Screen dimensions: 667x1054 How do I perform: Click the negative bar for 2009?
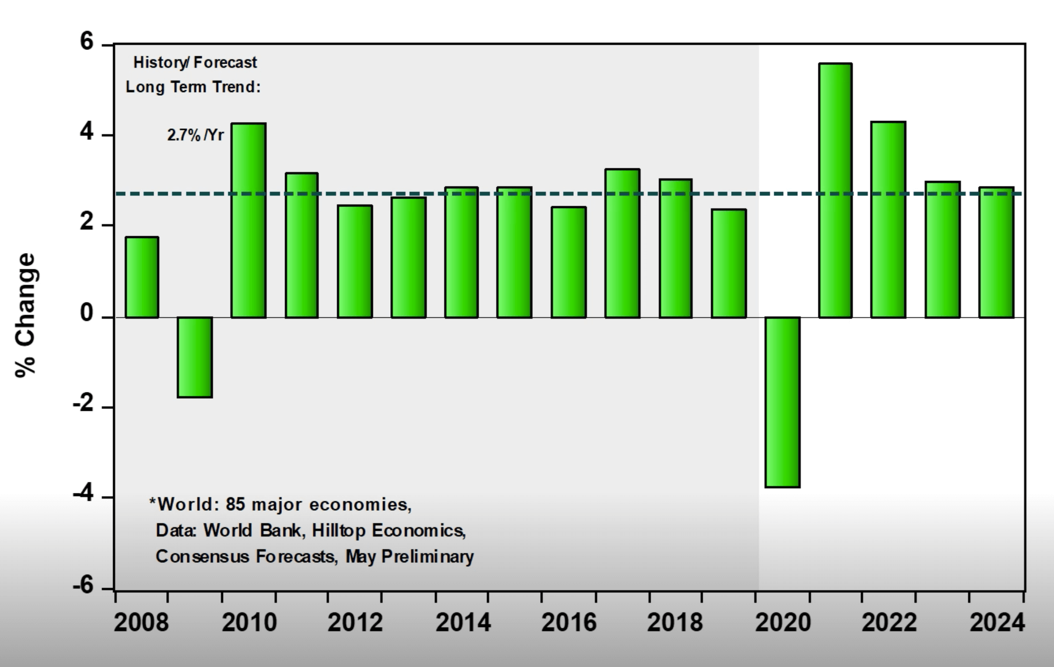[x=195, y=357]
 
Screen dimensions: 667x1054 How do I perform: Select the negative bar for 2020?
[x=783, y=402]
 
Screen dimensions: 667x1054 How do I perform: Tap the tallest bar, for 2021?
[x=835, y=190]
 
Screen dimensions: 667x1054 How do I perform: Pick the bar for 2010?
[x=249, y=220]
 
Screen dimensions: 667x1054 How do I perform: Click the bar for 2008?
[x=142, y=277]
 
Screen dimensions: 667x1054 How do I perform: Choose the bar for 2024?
[x=996, y=252]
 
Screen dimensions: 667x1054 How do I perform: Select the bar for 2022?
[x=888, y=219]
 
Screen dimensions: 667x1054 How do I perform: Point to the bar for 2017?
[x=622, y=243]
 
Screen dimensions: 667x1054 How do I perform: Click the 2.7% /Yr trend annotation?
[x=195, y=136]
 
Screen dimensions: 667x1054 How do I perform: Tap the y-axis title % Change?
[x=26, y=315]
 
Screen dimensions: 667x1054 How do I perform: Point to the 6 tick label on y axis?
[x=86, y=42]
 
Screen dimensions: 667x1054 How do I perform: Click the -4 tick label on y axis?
[x=83, y=494]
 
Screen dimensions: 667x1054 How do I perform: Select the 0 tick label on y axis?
[x=87, y=314]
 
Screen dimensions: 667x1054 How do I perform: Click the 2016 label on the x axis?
[x=569, y=623]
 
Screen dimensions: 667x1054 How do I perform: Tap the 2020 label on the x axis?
[x=783, y=623]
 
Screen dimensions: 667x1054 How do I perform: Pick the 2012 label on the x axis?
[x=355, y=623]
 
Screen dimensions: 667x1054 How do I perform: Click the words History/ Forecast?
[x=195, y=63]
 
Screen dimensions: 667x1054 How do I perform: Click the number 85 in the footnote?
[x=236, y=504]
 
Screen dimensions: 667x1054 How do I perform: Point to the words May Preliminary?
[x=409, y=556]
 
